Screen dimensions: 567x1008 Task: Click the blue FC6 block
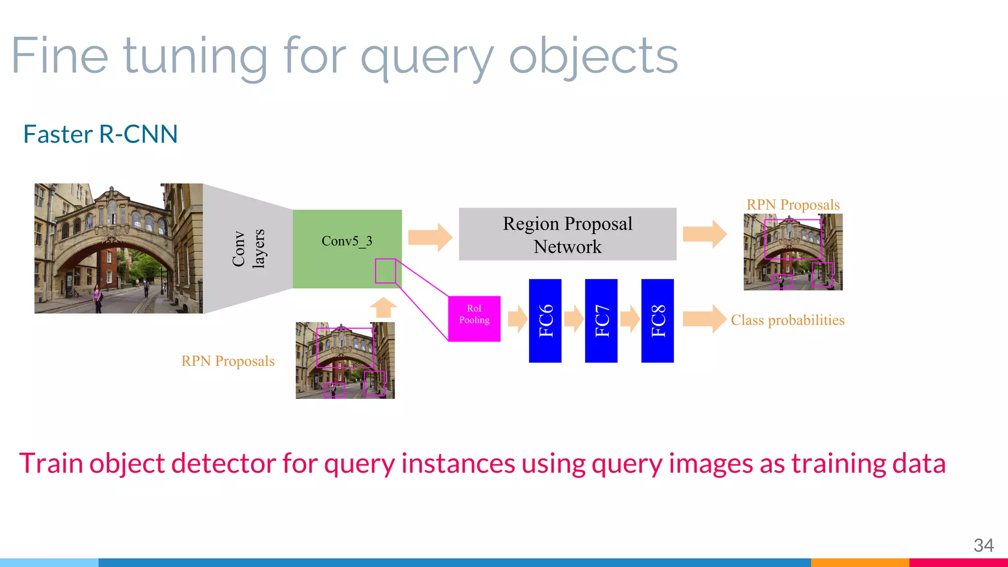click(x=545, y=320)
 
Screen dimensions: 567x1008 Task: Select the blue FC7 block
click(x=601, y=320)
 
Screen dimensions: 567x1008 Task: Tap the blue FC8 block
click(x=657, y=320)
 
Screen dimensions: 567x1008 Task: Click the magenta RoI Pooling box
click(x=474, y=318)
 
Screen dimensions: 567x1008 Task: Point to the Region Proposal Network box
click(x=567, y=234)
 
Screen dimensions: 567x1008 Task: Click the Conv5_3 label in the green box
click(x=346, y=241)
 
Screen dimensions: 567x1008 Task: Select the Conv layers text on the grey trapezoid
click(x=248, y=249)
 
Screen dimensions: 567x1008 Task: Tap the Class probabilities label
click(x=787, y=320)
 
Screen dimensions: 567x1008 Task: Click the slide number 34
click(x=983, y=545)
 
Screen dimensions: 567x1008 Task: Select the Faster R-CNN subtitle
click(x=100, y=134)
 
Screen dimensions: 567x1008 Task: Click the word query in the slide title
click(x=426, y=58)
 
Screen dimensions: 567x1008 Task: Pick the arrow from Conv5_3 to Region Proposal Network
click(x=430, y=237)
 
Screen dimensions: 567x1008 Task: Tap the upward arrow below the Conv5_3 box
click(x=383, y=308)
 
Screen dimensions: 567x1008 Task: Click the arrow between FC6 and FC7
click(x=573, y=319)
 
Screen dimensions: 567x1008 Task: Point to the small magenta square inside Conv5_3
click(x=385, y=271)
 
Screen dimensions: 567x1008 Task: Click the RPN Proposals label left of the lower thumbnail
click(x=228, y=361)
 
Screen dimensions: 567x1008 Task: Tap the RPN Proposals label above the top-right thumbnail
click(x=793, y=205)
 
